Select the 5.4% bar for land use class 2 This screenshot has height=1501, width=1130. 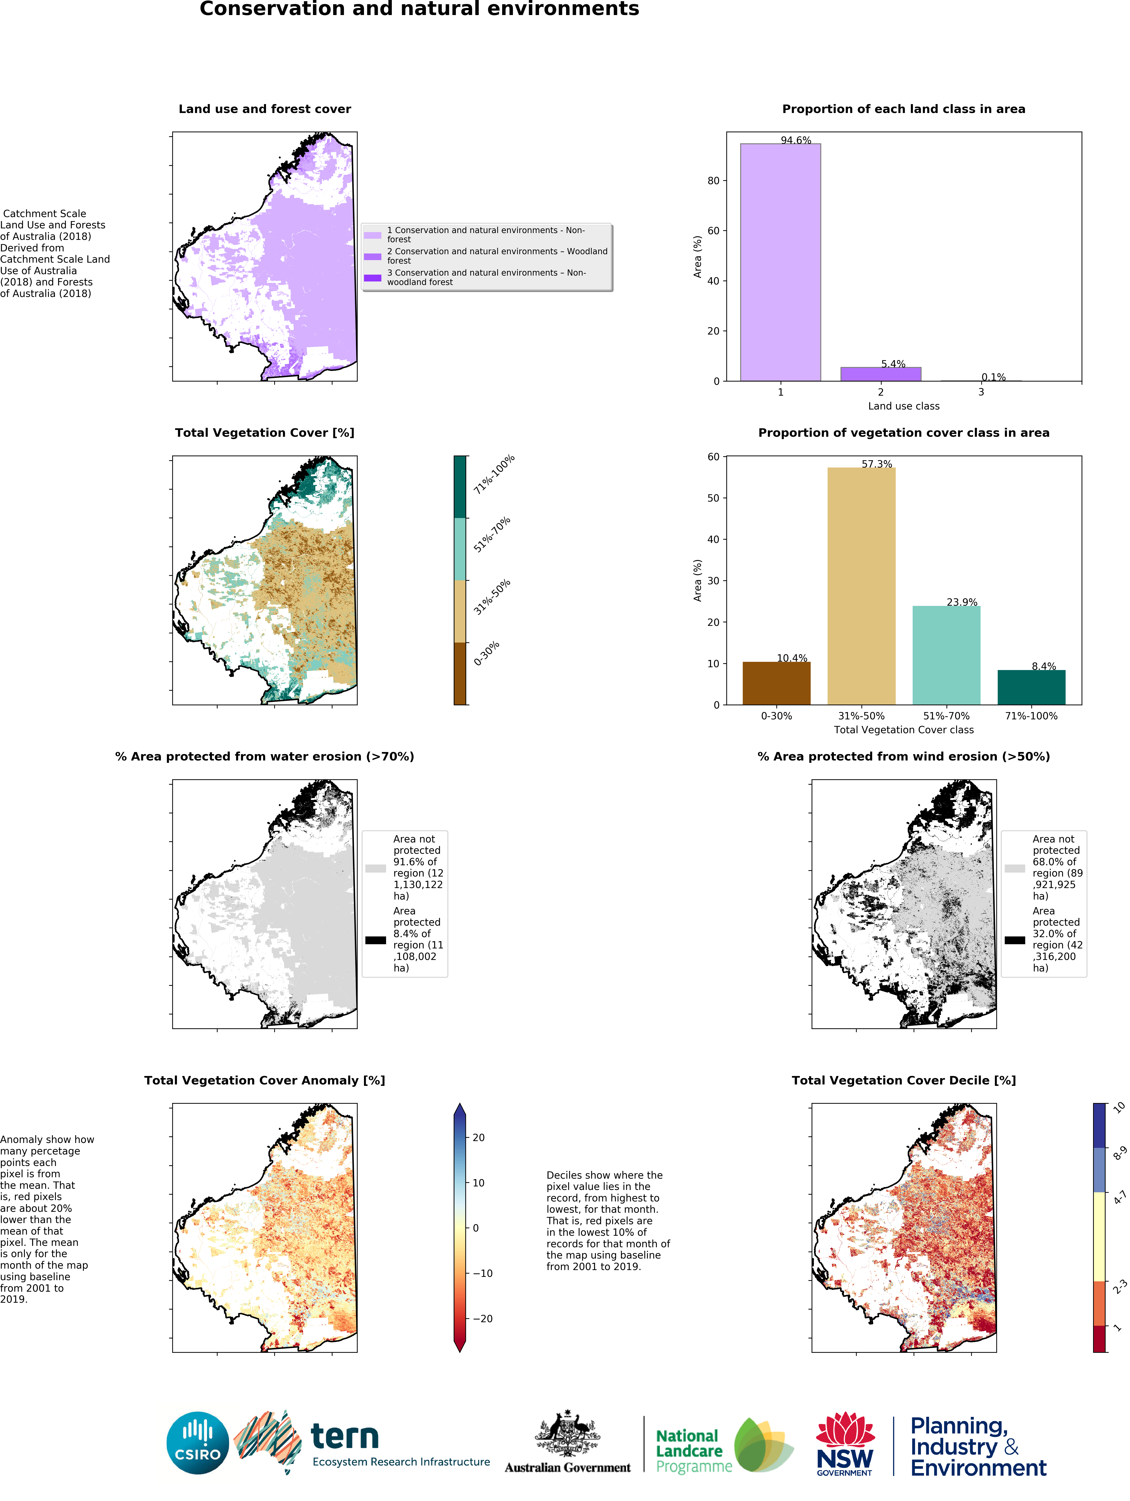click(880, 374)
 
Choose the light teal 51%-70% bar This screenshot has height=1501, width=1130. click(946, 655)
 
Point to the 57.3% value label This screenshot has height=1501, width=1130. click(877, 464)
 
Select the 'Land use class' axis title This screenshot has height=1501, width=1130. click(903, 406)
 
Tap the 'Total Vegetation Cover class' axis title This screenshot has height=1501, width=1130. click(903, 729)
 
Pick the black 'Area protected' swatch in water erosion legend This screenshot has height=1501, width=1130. click(375, 940)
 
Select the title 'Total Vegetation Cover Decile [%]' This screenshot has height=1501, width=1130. click(903, 1080)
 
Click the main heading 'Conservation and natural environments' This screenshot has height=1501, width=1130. click(419, 9)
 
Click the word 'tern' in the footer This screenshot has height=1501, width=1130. click(345, 1437)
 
